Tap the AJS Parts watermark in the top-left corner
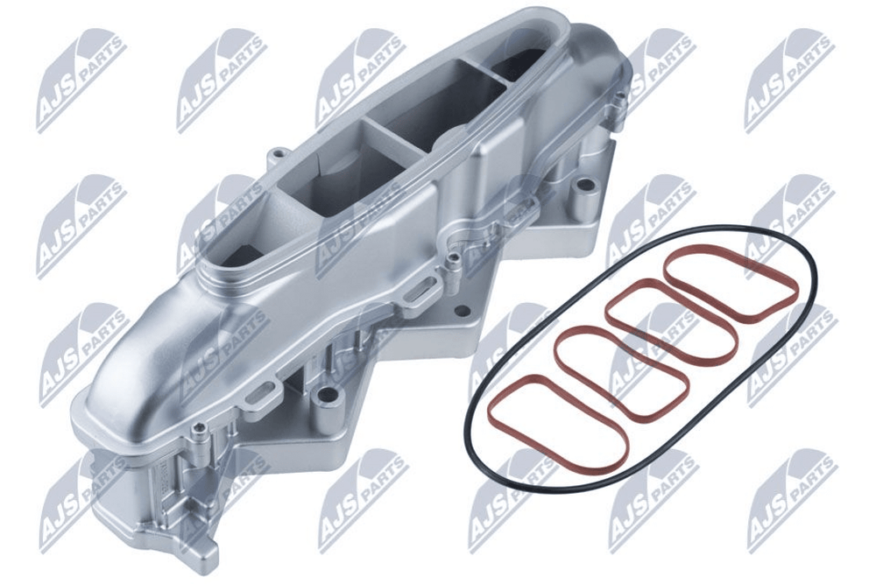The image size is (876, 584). [81, 80]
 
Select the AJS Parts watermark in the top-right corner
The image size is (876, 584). [789, 80]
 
